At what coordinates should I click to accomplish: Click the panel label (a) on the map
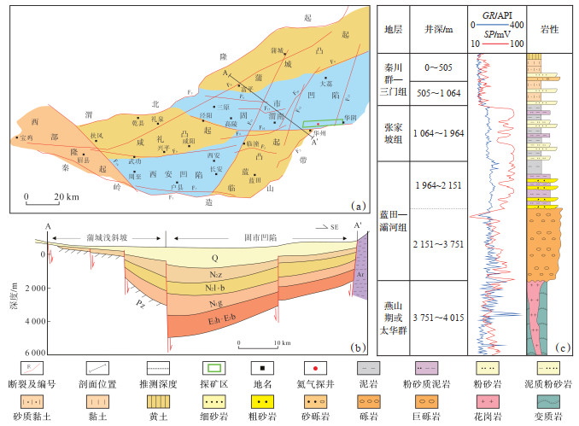tap(359, 205)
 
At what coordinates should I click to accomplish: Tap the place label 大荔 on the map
tap(325, 84)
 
